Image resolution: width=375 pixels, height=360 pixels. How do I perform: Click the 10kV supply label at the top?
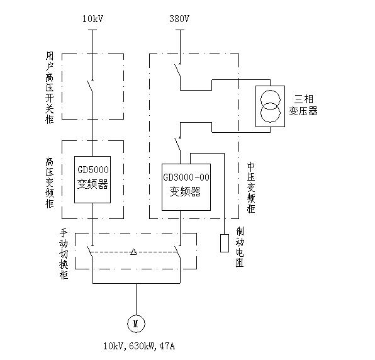[x=92, y=19]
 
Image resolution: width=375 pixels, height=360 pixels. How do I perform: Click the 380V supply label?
[x=179, y=19]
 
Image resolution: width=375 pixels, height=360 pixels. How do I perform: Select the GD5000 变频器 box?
[x=92, y=179]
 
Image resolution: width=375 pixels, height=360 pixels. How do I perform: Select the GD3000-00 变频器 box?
[x=186, y=187]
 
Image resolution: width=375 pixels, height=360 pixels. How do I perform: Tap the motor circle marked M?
[x=136, y=323]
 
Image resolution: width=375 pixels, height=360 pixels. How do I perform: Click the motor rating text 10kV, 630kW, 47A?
[x=139, y=346]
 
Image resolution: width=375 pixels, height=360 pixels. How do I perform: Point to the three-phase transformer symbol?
[x=271, y=106]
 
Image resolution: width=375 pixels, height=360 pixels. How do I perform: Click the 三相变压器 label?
[x=303, y=105]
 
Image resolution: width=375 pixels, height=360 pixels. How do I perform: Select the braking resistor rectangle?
[x=225, y=243]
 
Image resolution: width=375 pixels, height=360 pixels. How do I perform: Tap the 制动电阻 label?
[x=240, y=247]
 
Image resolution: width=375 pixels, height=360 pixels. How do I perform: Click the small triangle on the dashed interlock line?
[x=133, y=252]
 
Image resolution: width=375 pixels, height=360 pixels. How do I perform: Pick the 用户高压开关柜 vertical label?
[x=50, y=87]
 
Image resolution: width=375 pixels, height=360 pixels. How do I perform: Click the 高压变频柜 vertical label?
[x=50, y=183]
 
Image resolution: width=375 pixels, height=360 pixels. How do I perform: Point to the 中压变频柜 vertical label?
[x=251, y=188]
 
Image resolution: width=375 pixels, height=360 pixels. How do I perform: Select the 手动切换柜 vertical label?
[x=64, y=254]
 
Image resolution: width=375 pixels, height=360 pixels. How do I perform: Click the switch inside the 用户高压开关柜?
[x=90, y=86]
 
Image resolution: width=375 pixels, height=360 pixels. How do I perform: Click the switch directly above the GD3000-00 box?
[x=177, y=144]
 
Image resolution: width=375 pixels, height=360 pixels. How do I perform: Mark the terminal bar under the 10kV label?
[x=92, y=30]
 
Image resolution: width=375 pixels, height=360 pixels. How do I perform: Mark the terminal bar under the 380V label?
[x=180, y=30]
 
